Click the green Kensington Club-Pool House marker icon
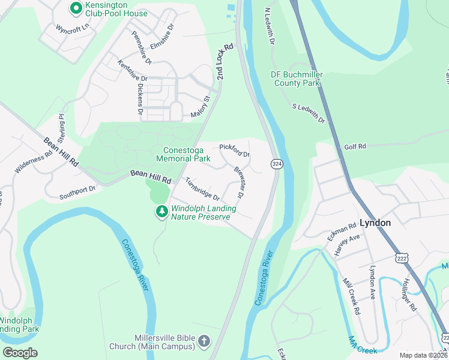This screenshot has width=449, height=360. click(x=76, y=8)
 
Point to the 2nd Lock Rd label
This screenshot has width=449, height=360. click(x=224, y=61)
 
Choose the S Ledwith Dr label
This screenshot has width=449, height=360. click(x=309, y=113)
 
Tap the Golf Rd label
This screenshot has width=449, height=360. click(x=355, y=146)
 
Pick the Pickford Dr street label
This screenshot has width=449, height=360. click(x=234, y=150)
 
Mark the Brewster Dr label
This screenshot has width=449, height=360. click(x=238, y=182)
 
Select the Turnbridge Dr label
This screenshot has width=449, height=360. click(x=202, y=188)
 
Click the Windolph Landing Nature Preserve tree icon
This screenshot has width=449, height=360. click(x=161, y=211)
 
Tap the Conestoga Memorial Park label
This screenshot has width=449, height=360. click(x=183, y=154)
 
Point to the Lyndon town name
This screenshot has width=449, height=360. click(x=375, y=223)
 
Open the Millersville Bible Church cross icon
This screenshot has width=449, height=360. click(x=203, y=342)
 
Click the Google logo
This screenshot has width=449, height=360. click(x=20, y=352)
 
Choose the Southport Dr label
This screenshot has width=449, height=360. click(x=77, y=193)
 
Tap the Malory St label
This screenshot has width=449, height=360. click(x=200, y=106)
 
